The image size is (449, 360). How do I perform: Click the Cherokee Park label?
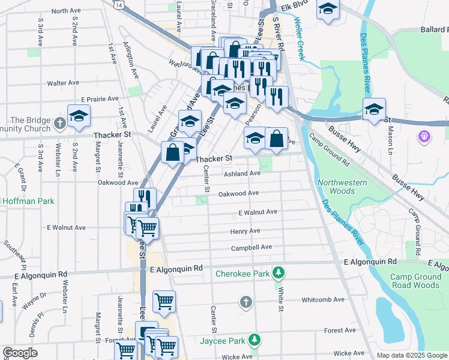(244, 274)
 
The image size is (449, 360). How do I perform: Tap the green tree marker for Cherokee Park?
(278, 274)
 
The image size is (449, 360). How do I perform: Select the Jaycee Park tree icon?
(255, 341)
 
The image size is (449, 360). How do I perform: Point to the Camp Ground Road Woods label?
(414, 281)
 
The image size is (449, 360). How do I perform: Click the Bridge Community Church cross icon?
(59, 124)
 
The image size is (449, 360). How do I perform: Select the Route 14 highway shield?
(121, 4)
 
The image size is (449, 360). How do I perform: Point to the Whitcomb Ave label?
(323, 299)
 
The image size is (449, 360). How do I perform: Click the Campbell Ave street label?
(252, 247)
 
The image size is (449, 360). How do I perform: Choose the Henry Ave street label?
(245, 231)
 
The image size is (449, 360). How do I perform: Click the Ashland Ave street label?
(242, 173)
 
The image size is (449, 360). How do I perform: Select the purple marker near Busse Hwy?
(425, 137)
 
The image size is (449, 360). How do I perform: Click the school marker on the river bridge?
(374, 109)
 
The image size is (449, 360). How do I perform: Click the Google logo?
(20, 353)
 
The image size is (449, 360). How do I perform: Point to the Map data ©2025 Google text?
(411, 355)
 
